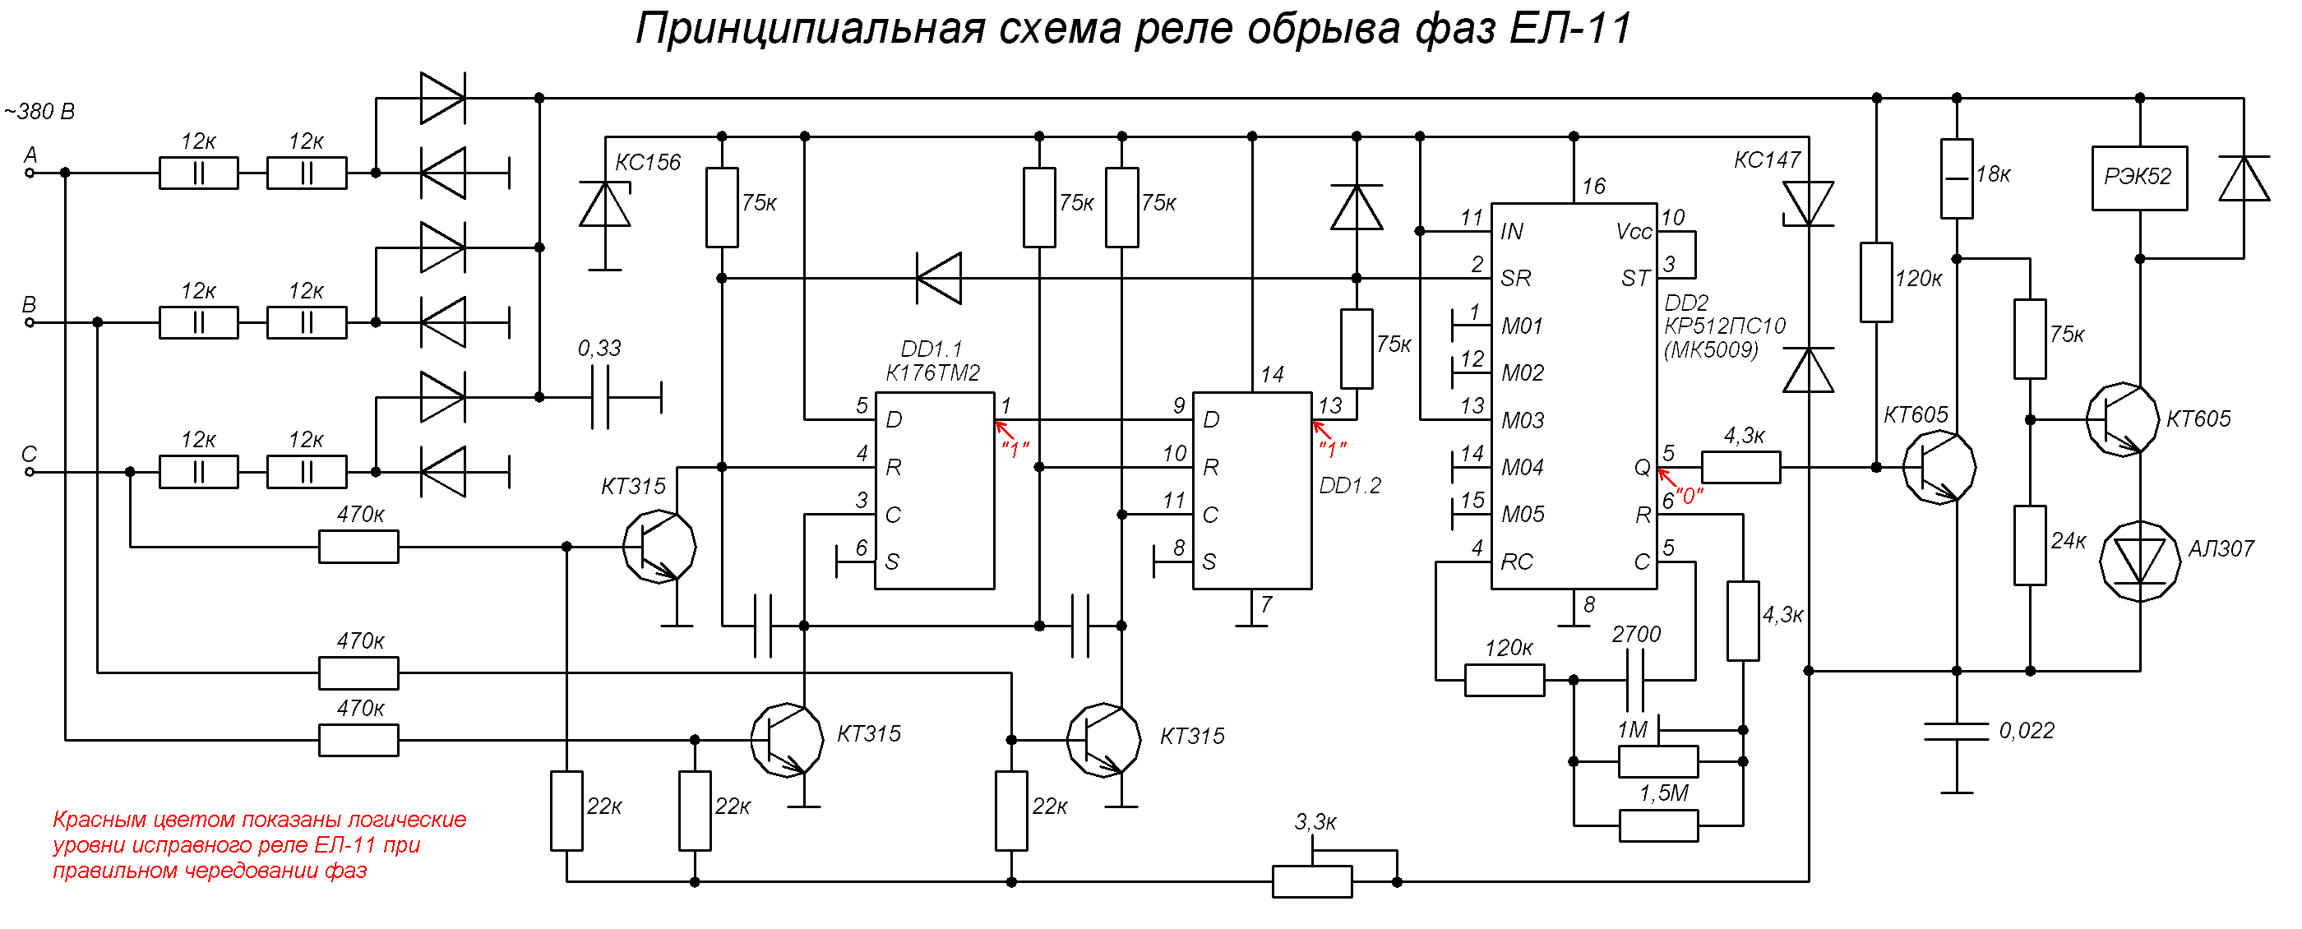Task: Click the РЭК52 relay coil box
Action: tap(2139, 178)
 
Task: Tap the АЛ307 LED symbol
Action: tap(2139, 561)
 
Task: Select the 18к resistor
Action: tap(1956, 178)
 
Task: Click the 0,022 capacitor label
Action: tap(2027, 731)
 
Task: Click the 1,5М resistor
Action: tap(1658, 825)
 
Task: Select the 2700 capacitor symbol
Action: tap(1636, 680)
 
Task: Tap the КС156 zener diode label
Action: tap(648, 163)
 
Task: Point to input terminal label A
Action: tap(30, 155)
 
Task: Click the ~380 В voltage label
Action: tap(39, 112)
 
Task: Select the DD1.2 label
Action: tap(1349, 486)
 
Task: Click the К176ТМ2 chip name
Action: tap(933, 373)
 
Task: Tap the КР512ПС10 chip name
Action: tap(1725, 326)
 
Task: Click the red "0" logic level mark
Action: tap(1689, 496)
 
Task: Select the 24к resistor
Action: tap(2031, 546)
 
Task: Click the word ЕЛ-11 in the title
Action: tap(1570, 29)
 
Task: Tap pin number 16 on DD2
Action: tap(1594, 187)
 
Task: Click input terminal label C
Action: tap(30, 455)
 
